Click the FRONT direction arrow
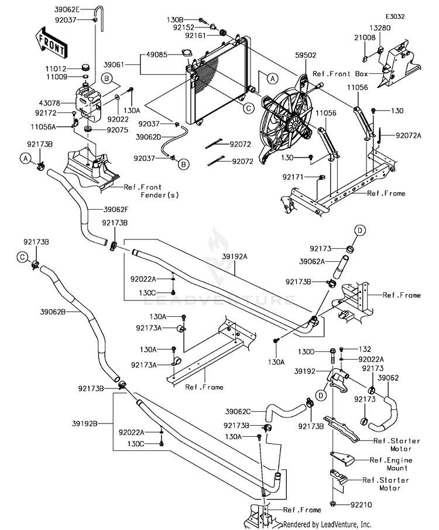click(x=50, y=42)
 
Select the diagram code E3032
click(x=395, y=18)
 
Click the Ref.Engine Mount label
click(x=391, y=464)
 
